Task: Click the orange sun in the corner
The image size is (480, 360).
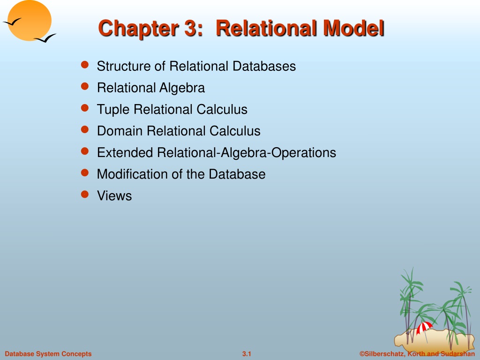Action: pos(30,20)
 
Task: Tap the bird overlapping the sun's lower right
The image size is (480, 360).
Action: pos(45,38)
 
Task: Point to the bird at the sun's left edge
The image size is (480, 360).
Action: pos(12,22)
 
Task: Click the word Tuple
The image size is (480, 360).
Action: pos(113,110)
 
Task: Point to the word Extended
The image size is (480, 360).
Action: pos(125,153)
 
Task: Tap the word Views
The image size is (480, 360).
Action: pos(114,196)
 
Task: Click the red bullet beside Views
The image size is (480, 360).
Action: pos(85,195)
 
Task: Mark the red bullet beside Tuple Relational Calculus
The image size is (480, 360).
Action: pos(85,108)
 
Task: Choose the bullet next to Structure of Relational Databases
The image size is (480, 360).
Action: pos(85,65)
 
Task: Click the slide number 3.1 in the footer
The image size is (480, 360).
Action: pos(247,354)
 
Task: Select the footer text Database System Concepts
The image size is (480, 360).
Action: pos(48,354)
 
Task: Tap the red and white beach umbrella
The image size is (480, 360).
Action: pos(424,328)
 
